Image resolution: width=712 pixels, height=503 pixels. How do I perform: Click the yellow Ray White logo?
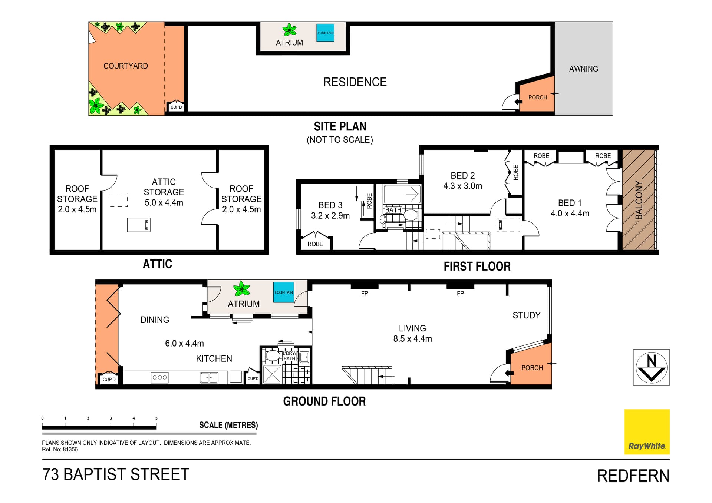click(x=647, y=432)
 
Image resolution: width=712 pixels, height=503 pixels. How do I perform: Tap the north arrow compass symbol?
click(x=651, y=367)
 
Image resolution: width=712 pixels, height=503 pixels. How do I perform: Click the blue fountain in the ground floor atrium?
click(x=284, y=292)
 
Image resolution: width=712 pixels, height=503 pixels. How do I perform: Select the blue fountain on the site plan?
click(x=325, y=33)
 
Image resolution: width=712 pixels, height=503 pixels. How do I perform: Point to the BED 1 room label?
click(x=570, y=203)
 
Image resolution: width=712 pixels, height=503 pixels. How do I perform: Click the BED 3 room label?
click(x=330, y=205)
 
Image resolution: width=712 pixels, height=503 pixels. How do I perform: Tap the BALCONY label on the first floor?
click(x=639, y=200)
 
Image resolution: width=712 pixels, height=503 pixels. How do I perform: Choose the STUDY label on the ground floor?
click(x=527, y=315)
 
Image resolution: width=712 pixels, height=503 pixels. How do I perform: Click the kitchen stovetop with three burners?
click(x=160, y=377)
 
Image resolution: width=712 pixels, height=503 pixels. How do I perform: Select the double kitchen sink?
click(x=209, y=378)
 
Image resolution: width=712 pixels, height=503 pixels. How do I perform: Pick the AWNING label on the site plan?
click(x=584, y=69)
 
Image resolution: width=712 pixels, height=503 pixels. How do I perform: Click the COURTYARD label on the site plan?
click(x=126, y=66)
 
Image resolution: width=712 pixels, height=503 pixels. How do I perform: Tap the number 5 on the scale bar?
click(x=156, y=418)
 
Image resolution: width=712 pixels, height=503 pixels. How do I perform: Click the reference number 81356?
click(x=70, y=450)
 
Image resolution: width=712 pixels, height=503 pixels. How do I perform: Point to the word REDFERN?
click(x=633, y=476)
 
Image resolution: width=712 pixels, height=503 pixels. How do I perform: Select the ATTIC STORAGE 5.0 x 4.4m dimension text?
click(x=164, y=203)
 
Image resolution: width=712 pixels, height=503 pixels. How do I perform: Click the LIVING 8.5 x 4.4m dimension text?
click(x=413, y=339)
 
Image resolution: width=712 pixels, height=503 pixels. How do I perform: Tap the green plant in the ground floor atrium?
click(x=242, y=288)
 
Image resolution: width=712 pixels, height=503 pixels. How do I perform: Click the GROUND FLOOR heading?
click(x=324, y=401)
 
